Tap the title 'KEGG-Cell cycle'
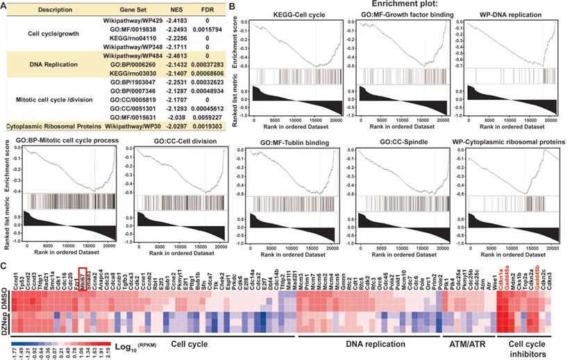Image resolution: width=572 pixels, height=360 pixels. [x=290, y=15]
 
